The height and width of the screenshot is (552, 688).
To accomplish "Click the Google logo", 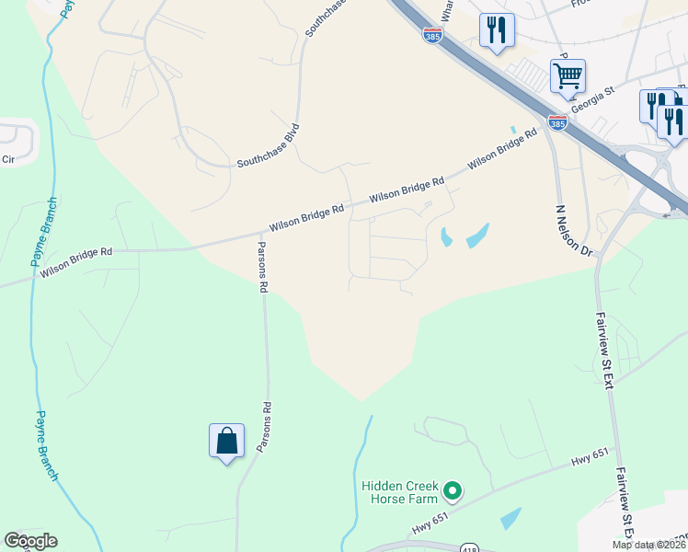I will (30, 541).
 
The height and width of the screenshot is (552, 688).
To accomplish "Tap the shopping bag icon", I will (226, 442).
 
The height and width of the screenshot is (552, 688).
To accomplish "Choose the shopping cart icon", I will (568, 75).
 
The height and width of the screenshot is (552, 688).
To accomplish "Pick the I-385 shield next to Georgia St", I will (556, 121).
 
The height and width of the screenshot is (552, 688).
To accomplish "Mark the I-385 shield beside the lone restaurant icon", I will (432, 34).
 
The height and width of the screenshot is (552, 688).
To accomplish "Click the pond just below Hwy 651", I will (510, 518).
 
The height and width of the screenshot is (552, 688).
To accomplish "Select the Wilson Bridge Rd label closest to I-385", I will (501, 149).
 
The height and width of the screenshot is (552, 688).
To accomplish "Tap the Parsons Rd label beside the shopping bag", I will (265, 427).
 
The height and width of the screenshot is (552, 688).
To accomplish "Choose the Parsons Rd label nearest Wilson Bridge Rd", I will (262, 267).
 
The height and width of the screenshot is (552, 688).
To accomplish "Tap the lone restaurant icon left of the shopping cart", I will (497, 30).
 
